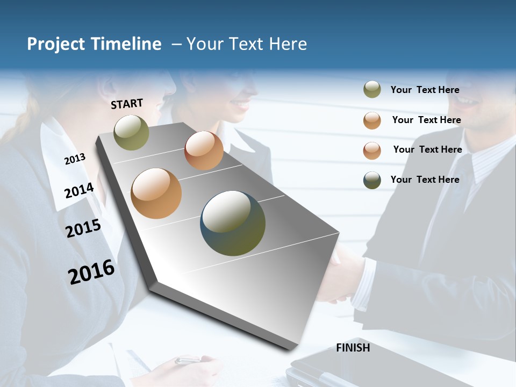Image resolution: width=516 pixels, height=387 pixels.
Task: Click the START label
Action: [127, 104]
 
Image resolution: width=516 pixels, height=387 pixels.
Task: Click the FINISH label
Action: [353, 348]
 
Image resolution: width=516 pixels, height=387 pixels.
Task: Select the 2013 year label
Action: [75, 159]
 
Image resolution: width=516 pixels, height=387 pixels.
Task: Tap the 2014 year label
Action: [79, 190]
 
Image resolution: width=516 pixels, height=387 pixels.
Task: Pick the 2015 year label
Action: [83, 228]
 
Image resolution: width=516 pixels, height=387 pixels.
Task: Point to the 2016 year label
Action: [91, 271]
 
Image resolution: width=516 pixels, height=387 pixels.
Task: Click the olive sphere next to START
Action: [131, 132]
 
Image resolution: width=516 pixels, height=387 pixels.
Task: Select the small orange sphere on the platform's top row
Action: [204, 150]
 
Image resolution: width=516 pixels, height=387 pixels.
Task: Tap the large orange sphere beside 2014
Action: [156, 193]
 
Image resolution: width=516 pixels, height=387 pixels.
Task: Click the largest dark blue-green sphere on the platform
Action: [233, 223]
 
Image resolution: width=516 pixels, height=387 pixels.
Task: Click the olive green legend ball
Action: [372, 90]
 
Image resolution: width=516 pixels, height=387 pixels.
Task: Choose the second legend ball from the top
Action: [372, 120]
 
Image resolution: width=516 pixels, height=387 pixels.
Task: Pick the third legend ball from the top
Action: [372, 150]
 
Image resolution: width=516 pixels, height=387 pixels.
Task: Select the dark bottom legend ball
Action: [372, 180]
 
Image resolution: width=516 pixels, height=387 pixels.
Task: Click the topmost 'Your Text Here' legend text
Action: [425, 90]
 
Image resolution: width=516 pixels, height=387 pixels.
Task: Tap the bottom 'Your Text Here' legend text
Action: [425, 180]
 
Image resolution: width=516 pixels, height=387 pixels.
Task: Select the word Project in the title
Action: [56, 44]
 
